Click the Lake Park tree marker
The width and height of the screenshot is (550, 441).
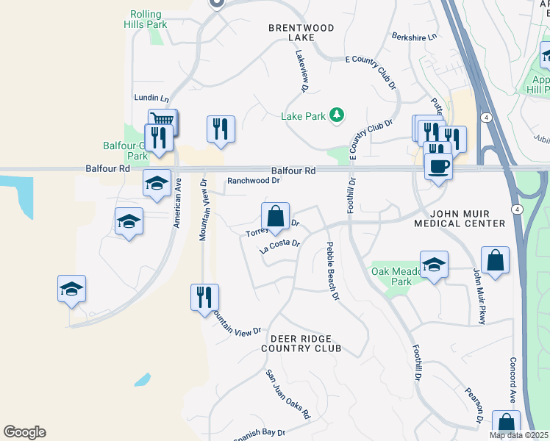(337, 115)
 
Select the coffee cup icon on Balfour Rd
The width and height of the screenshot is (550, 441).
(438, 167)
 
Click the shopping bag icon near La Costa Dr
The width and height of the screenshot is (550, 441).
(275, 217)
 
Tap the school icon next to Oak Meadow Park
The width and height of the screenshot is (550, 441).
(435, 265)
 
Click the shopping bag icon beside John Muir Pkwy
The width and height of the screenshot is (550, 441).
(496, 261)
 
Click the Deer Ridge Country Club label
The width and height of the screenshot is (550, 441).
(301, 343)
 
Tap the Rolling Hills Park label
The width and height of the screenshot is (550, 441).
(148, 19)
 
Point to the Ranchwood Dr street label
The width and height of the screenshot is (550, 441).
(254, 180)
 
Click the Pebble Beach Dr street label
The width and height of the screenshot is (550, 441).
(332, 271)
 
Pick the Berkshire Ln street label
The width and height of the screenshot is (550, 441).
(414, 36)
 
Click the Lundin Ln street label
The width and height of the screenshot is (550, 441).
(151, 98)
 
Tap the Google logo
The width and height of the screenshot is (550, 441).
(24, 432)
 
